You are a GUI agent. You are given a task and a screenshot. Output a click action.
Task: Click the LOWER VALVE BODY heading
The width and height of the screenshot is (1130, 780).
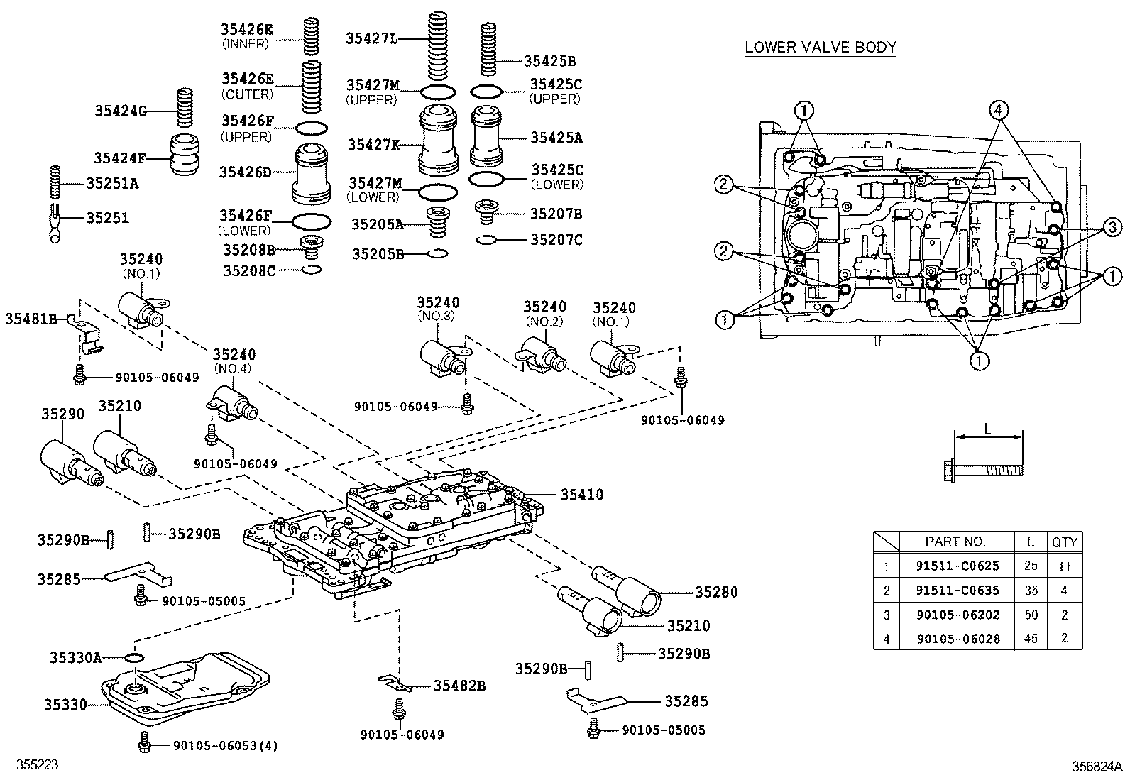coord(820,48)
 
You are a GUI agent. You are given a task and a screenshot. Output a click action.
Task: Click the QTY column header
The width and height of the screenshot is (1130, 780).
coord(1064,542)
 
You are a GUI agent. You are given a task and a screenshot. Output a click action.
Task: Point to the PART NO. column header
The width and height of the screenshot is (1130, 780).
coord(955,542)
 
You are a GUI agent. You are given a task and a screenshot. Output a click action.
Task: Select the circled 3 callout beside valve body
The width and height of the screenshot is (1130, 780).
coord(1112,227)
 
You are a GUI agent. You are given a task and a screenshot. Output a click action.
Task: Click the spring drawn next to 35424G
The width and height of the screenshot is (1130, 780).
coord(185,110)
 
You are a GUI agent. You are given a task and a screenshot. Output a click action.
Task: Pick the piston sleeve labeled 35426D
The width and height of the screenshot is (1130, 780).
coord(312,172)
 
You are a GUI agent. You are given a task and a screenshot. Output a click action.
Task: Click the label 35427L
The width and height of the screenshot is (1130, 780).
coord(371,38)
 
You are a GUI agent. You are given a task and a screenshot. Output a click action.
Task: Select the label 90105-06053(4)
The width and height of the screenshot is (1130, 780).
coord(225,745)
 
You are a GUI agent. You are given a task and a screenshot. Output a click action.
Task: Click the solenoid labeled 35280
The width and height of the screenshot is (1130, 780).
coord(637,588)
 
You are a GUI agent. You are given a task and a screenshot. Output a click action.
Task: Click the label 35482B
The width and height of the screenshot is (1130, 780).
coord(459,686)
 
